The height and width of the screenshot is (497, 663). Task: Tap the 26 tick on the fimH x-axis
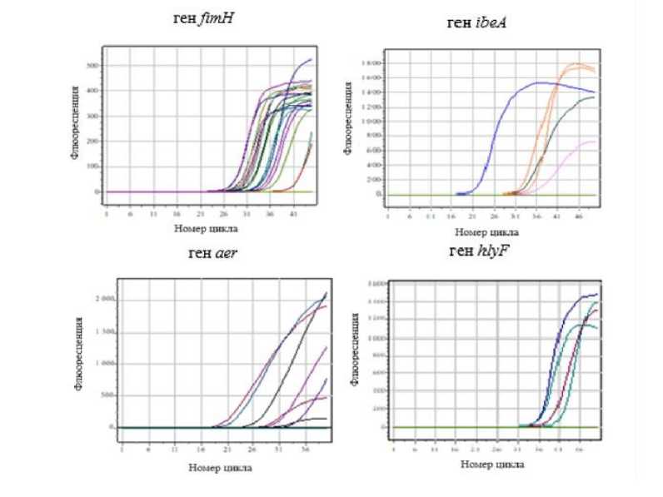pos(223,213)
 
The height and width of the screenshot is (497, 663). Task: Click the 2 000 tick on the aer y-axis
pos(103,298)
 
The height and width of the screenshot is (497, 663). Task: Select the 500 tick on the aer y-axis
pos(107,395)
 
